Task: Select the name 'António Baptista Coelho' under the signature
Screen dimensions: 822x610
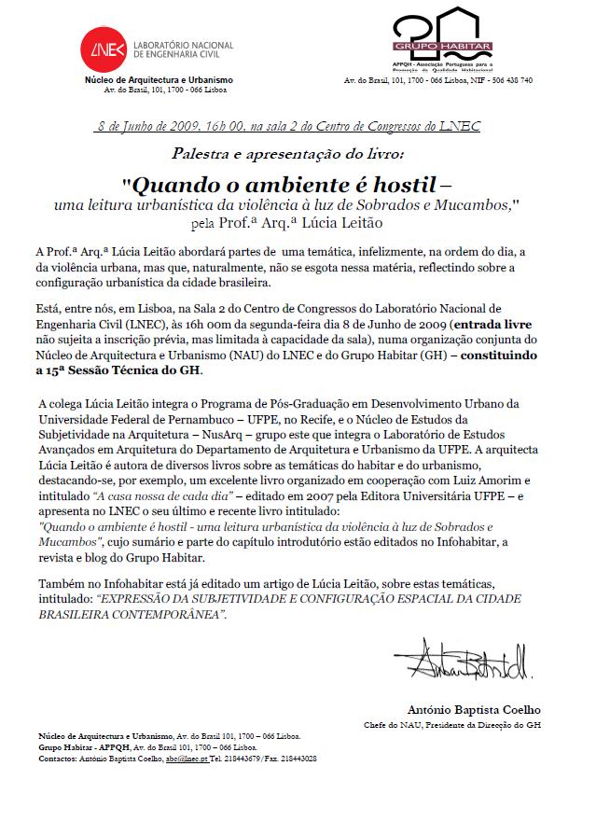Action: pyautogui.click(x=474, y=710)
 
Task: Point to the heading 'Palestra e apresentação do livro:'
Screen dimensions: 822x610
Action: pyautogui.click(x=289, y=151)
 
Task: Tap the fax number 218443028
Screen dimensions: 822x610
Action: pyautogui.click(x=296, y=759)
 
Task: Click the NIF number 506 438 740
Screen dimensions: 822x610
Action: pyautogui.click(x=509, y=81)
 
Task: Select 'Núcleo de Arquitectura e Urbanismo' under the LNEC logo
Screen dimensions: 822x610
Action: pyautogui.click(x=159, y=80)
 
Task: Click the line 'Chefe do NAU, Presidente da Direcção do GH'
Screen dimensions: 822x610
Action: pyautogui.click(x=451, y=725)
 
